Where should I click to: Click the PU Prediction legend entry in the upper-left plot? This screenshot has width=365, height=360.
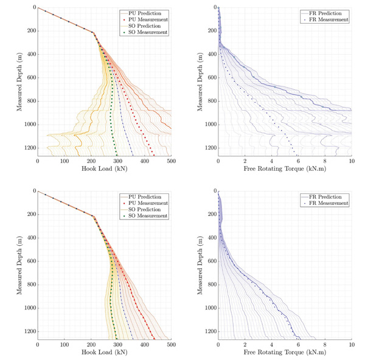click(148, 13)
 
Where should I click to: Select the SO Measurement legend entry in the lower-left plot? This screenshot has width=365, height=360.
click(147, 216)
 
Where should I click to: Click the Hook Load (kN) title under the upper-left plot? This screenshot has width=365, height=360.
click(105, 171)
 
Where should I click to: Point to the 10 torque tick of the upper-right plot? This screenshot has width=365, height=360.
click(351, 162)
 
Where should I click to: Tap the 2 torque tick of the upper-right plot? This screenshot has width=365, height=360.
click(245, 162)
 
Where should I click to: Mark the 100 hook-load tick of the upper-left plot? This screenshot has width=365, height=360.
click(64, 162)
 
